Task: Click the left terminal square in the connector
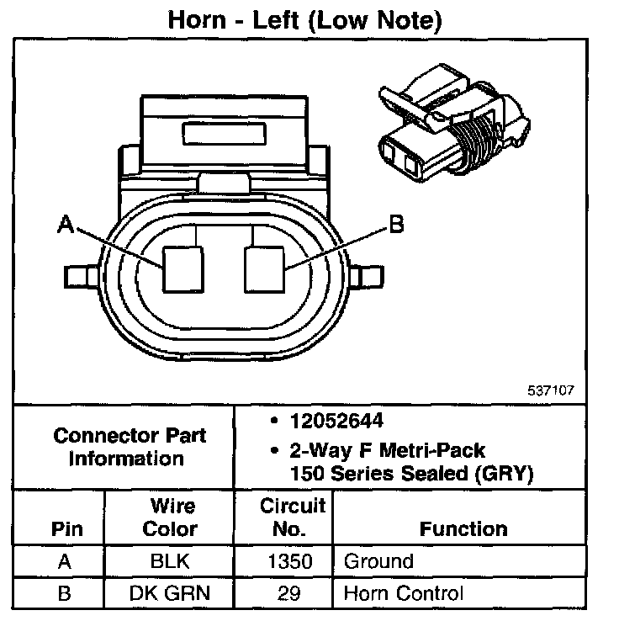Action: pos(183,268)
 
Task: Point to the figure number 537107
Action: pos(552,390)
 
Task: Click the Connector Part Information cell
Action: pos(130,447)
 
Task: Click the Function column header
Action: pos(463,528)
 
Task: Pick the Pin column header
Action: pos(66,528)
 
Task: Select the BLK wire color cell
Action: pos(171,561)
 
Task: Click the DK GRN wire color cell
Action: pos(171,593)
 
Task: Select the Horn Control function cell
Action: pos(403,593)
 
